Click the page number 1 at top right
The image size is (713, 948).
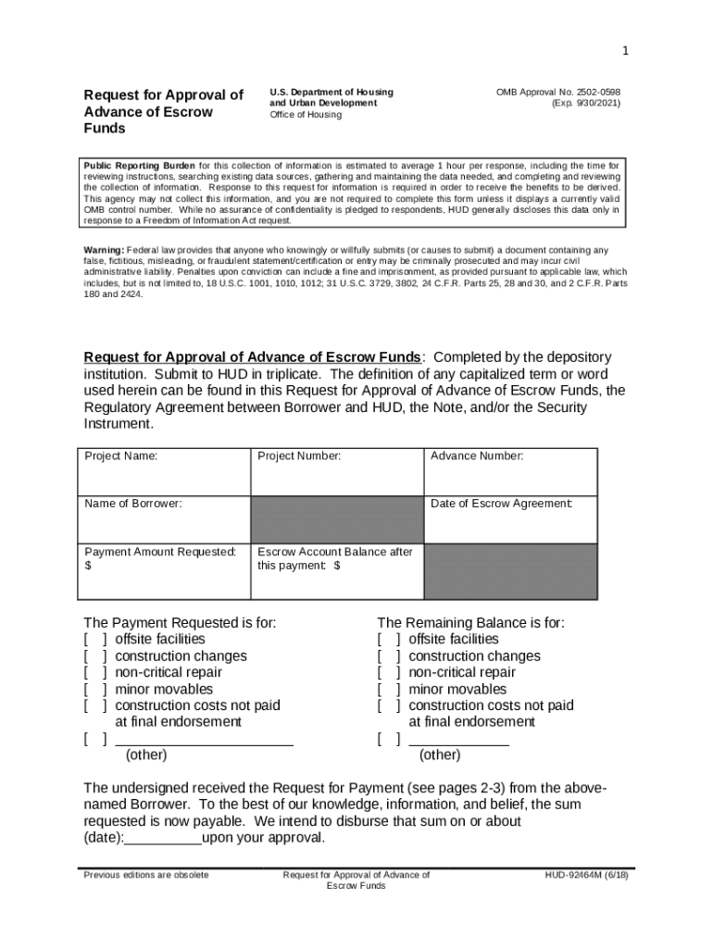pyautogui.click(x=625, y=51)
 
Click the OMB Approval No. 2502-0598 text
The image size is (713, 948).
pyautogui.click(x=557, y=93)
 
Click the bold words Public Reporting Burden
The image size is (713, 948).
pyautogui.click(x=140, y=166)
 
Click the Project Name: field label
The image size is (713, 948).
pyautogui.click(x=121, y=456)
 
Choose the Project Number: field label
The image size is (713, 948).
pyautogui.click(x=299, y=456)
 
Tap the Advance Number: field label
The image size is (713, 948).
pyautogui.click(x=477, y=456)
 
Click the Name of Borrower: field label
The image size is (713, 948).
pyautogui.click(x=133, y=504)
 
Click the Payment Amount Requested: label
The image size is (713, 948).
pyautogui.click(x=160, y=552)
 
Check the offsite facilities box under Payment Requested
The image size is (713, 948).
pyautogui.click(x=96, y=640)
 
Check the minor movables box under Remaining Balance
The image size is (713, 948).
pyautogui.click(x=390, y=690)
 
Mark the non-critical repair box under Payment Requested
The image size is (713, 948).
pyautogui.click(x=96, y=673)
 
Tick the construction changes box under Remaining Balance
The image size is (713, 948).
pyautogui.click(x=390, y=656)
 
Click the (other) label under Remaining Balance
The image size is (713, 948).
pyautogui.click(x=440, y=755)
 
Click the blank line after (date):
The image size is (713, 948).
pyautogui.click(x=163, y=839)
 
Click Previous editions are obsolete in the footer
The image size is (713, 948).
pyautogui.click(x=146, y=875)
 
